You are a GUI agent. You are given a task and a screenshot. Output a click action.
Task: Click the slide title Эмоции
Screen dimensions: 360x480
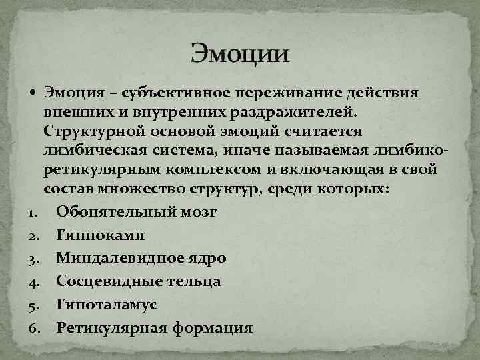(240, 53)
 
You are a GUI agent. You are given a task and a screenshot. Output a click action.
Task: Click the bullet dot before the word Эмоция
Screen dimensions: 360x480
(34, 92)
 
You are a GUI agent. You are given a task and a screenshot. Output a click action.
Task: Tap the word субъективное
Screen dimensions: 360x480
(175, 92)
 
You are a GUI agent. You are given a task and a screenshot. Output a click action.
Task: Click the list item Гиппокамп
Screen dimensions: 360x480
(99, 235)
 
